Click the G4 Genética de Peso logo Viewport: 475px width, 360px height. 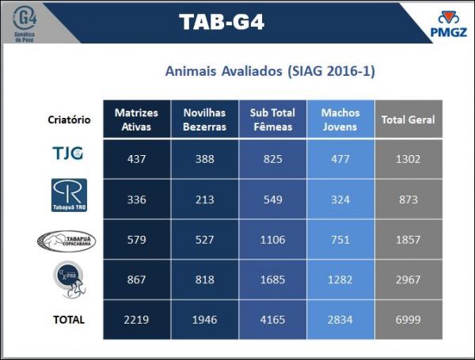pos(28,23)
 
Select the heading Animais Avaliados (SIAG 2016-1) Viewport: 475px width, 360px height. pos(270,71)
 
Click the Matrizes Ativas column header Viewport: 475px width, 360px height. pos(136,120)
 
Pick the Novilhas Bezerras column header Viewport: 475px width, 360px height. pos(204,120)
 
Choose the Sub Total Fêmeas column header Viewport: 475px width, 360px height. pos(272,120)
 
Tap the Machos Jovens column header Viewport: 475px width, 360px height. pos(340,120)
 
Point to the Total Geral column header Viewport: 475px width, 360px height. pos(408,120)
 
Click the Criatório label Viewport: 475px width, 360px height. pos(69,120)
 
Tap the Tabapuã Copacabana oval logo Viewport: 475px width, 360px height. pos(68,240)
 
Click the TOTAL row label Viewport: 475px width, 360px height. pos(69,320)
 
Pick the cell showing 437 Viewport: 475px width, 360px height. pos(136,158)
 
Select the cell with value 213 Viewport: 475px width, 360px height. pos(204,199)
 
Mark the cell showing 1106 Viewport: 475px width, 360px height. pos(272,240)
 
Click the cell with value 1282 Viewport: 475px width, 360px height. pos(340,280)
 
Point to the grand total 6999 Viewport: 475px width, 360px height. pos(408,320)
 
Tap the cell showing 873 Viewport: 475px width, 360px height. pos(408,199)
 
